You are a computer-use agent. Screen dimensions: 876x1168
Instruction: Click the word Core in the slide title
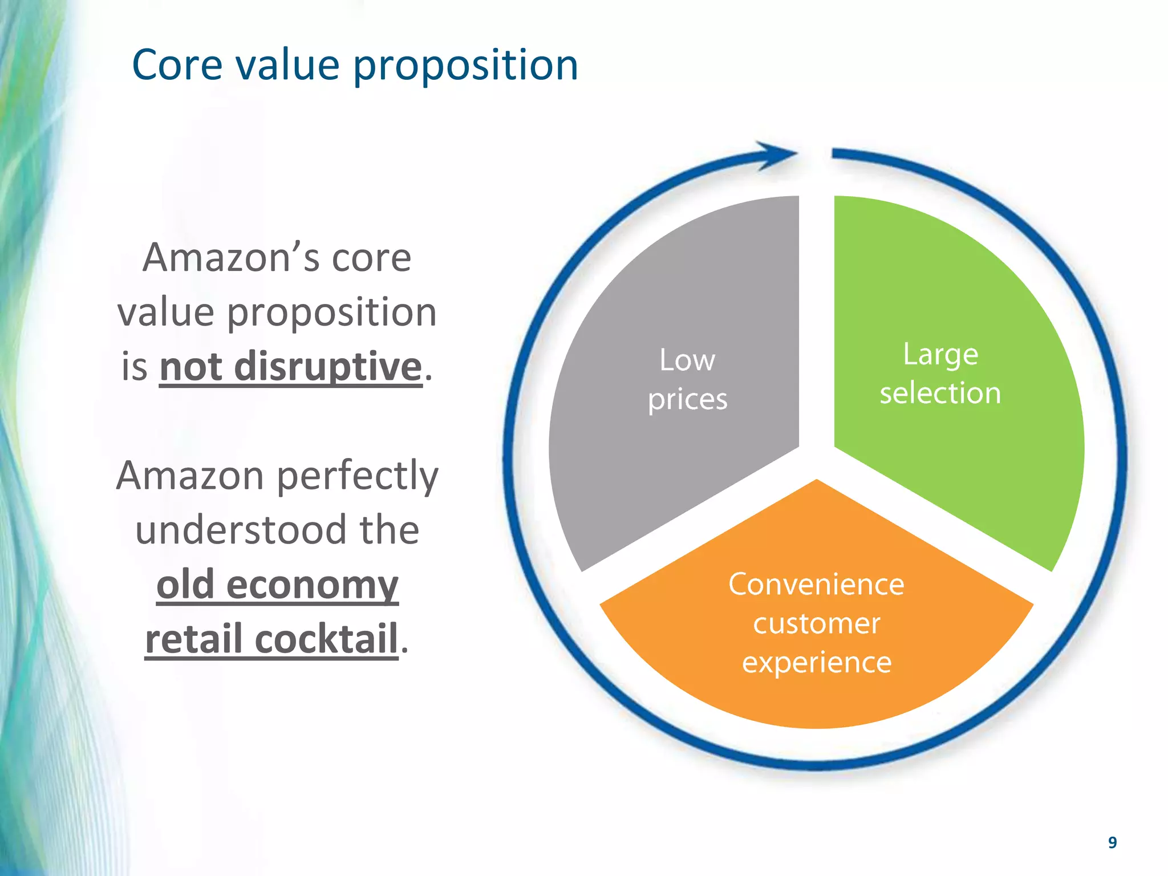point(177,65)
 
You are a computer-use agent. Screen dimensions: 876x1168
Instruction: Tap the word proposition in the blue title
point(465,66)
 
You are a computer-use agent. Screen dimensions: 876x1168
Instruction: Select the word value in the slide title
point(287,65)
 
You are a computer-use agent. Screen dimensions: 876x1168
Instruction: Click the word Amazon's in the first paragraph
point(230,258)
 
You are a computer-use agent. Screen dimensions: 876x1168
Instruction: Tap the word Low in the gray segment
point(687,360)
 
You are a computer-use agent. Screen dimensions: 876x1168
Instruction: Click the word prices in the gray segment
point(687,399)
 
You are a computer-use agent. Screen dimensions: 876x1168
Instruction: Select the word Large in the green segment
point(940,355)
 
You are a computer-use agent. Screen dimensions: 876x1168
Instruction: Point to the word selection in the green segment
point(940,394)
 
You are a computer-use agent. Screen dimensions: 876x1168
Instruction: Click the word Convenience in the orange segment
point(816,585)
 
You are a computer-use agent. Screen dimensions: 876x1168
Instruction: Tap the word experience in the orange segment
point(816,663)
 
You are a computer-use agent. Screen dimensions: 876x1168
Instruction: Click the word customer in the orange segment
point(816,623)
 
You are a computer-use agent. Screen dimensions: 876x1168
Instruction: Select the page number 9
point(1112,842)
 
